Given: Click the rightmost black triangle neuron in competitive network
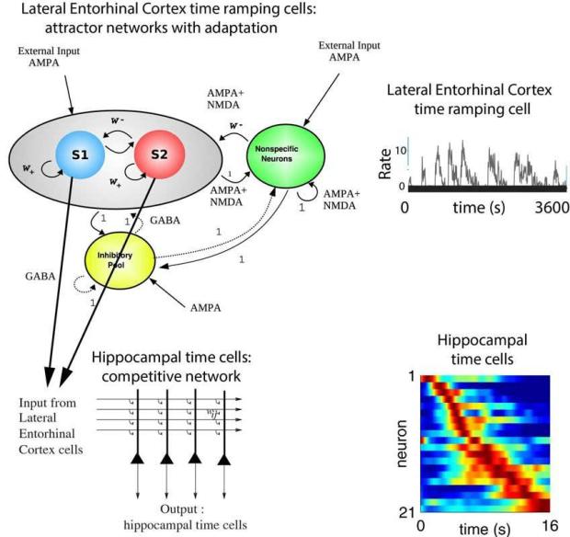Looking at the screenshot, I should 223,457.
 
